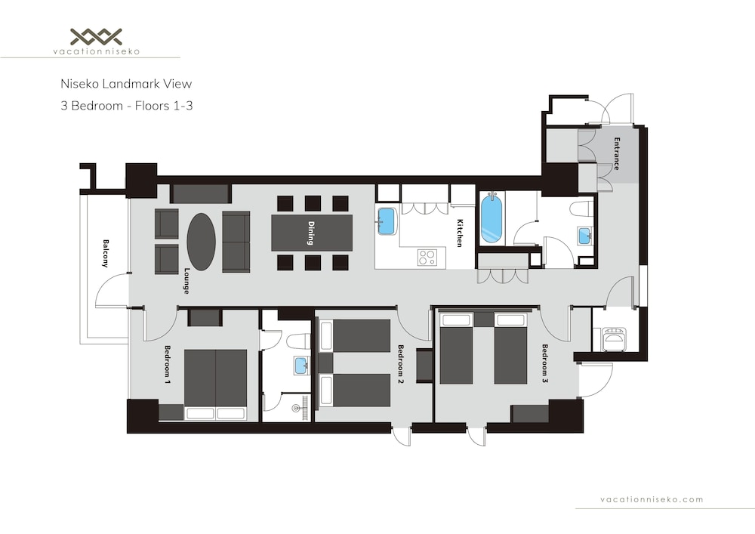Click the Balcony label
[106, 253]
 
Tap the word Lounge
[186, 281]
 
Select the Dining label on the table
[311, 233]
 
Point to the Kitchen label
[459, 233]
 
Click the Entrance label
[616, 154]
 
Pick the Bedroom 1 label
[168, 365]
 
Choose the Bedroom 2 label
[400, 364]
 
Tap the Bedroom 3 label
[545, 363]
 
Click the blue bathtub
[492, 218]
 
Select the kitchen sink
[386, 221]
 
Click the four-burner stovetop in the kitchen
[426, 257]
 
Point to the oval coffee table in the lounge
[202, 242]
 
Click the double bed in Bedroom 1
[215, 384]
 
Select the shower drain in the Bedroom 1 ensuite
[296, 409]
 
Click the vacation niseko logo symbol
[97, 36]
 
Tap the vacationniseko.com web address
[652, 499]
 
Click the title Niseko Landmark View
[126, 84]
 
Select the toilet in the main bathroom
[581, 209]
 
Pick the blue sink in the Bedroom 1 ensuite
[302, 365]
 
